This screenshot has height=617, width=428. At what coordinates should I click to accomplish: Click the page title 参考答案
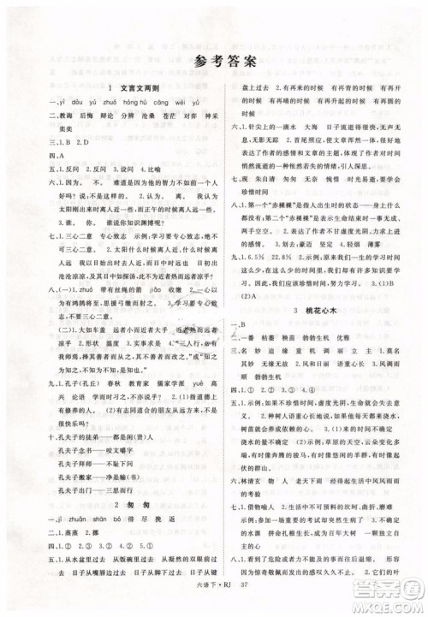(x=213, y=59)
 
